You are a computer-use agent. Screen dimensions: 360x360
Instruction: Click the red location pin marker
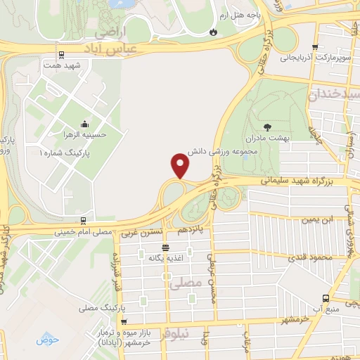point(181,165)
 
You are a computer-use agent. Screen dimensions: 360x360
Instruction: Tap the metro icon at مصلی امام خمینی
point(84,221)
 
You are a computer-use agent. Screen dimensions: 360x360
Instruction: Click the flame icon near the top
point(214,32)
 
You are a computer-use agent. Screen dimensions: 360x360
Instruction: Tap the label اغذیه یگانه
point(165,258)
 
